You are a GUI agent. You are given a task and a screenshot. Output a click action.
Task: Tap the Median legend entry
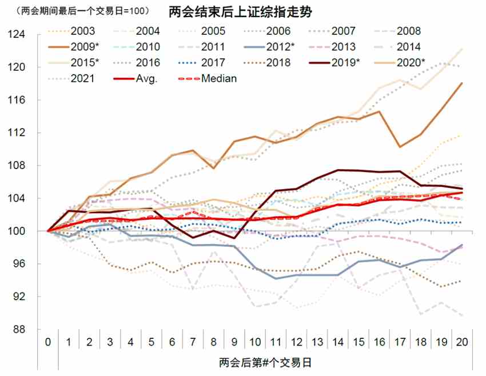(218, 78)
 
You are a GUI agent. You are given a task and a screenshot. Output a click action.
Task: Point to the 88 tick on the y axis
(29, 330)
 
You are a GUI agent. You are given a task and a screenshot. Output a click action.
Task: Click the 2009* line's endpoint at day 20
(461, 83)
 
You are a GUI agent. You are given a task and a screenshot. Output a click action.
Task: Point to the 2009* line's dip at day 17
(399, 147)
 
